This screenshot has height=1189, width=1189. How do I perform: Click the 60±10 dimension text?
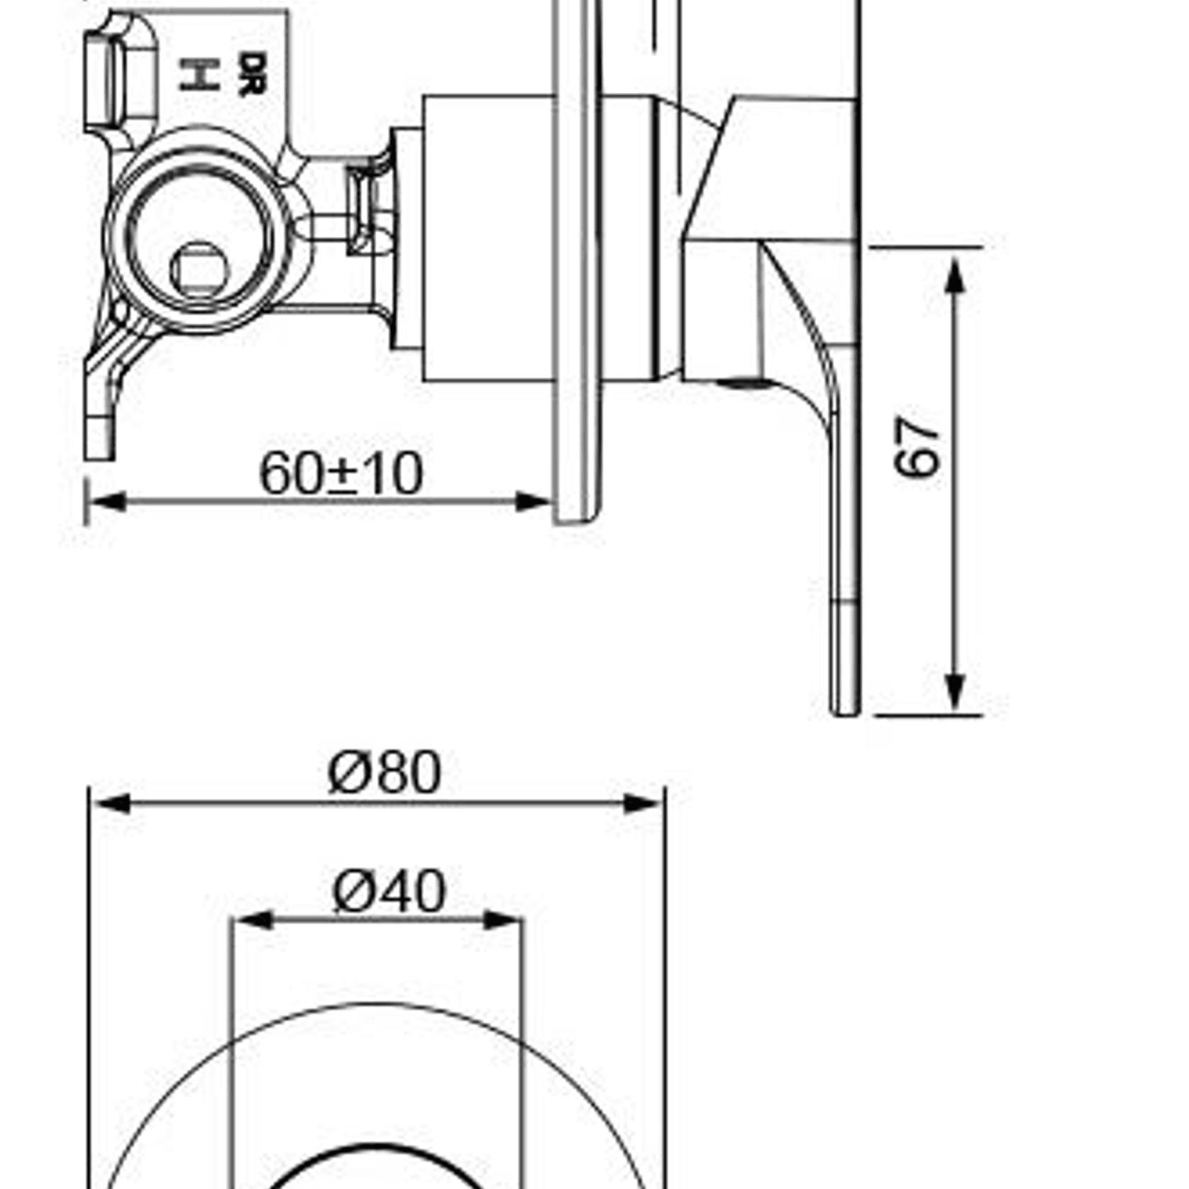coord(341,473)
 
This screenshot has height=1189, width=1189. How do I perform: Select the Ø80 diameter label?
coord(385,772)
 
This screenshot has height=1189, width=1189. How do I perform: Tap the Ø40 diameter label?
coord(389,892)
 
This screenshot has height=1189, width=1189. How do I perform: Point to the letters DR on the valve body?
coord(252,73)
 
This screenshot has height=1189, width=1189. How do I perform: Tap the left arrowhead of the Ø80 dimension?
coord(112,804)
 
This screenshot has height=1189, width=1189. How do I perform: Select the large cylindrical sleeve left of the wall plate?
coord(488,238)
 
